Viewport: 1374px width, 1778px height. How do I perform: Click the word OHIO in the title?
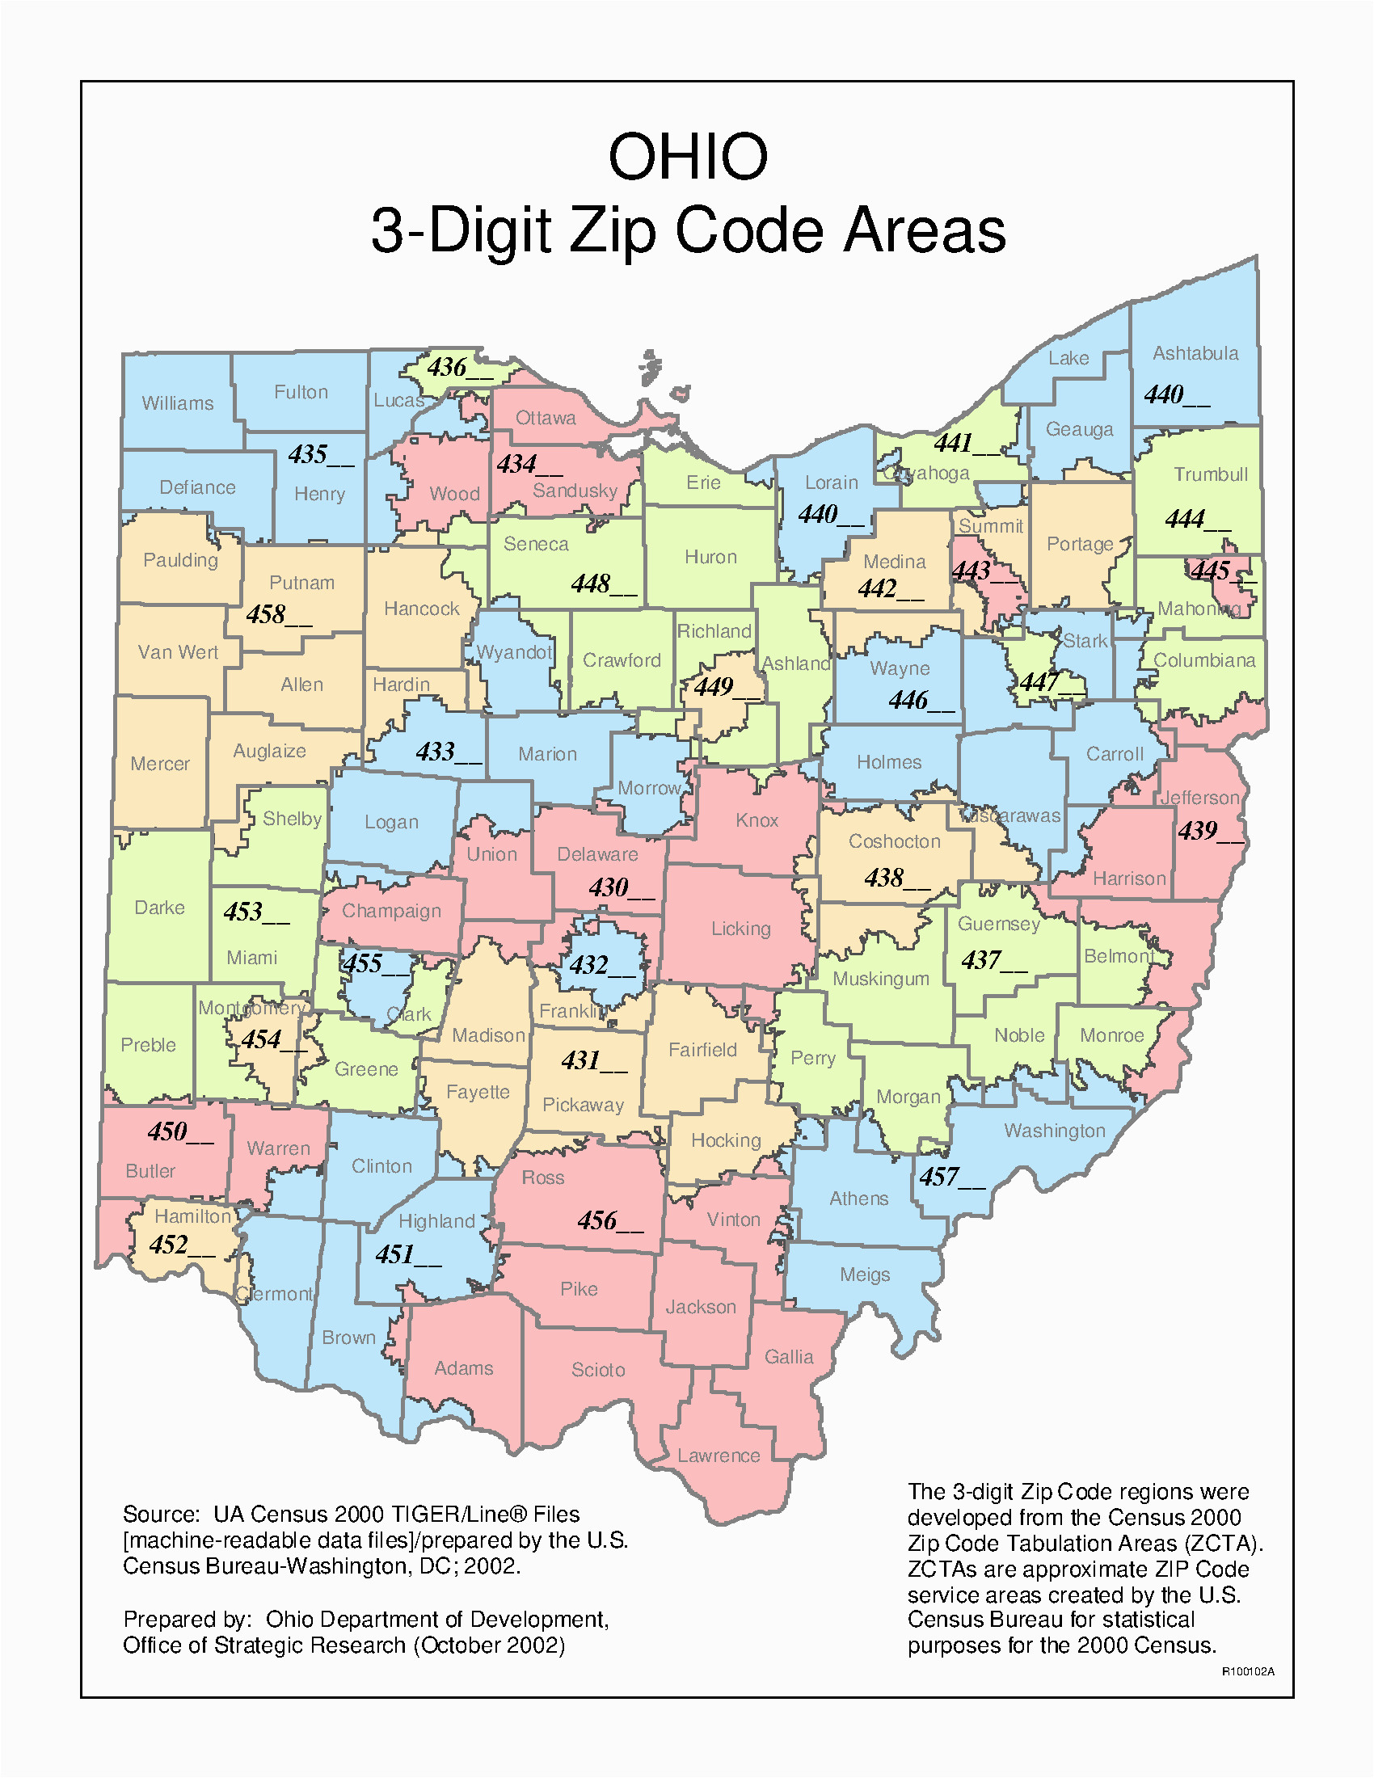click(x=688, y=156)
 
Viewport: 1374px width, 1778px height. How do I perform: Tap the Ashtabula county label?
click(x=1195, y=353)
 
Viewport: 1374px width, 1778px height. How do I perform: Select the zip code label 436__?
click(x=459, y=368)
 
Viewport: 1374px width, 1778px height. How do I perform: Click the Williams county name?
click(x=178, y=403)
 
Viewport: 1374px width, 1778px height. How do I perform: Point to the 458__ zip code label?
click(x=278, y=615)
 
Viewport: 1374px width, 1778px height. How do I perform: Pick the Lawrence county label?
click(x=718, y=1456)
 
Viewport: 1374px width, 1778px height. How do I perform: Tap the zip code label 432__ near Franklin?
click(x=601, y=966)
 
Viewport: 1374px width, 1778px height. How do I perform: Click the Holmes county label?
click(x=889, y=762)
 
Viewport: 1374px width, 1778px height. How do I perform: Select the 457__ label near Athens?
click(x=950, y=1178)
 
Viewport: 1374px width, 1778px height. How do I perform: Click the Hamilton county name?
click(x=193, y=1216)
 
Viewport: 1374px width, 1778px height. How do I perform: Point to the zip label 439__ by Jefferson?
click(x=1210, y=831)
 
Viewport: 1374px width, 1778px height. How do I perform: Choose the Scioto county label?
click(x=598, y=1370)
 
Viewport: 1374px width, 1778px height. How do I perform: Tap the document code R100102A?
click(x=1247, y=1671)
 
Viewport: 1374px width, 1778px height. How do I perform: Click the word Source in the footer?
click(x=160, y=1515)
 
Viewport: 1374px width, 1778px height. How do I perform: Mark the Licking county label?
click(x=740, y=929)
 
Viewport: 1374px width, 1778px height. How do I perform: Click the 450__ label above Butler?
click(x=179, y=1131)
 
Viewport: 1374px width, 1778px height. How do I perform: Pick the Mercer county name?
click(x=159, y=764)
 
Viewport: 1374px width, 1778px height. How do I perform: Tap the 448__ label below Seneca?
click(x=602, y=584)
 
